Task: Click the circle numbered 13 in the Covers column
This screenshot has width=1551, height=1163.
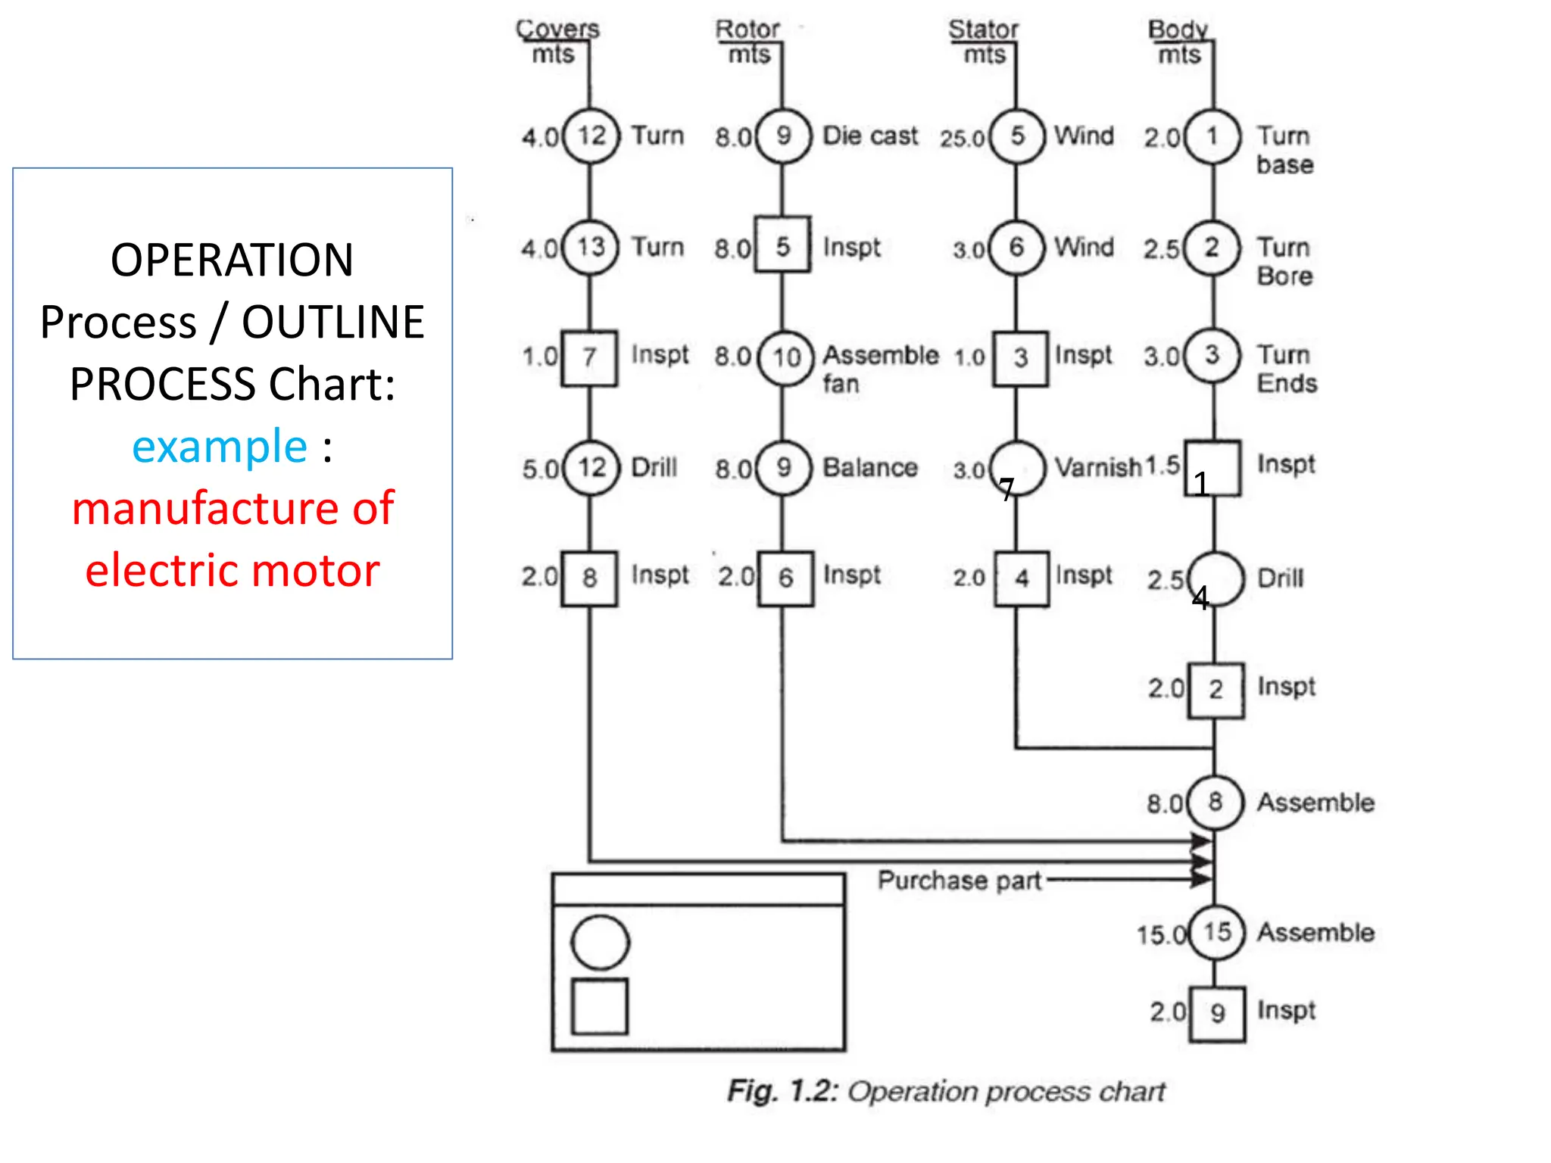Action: tap(590, 247)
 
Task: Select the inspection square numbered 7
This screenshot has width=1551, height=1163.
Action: tap(589, 358)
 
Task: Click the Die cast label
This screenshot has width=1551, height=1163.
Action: tap(870, 136)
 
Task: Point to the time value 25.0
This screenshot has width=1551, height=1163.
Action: tap(962, 139)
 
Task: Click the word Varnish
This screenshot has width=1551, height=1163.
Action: tap(1097, 468)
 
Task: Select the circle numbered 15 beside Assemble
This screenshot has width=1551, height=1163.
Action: tap(1216, 932)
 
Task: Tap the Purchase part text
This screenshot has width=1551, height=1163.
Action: tap(960, 881)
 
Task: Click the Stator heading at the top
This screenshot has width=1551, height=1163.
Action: tap(983, 30)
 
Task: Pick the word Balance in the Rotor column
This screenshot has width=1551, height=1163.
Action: tap(870, 468)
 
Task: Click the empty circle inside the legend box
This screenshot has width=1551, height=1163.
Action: tap(600, 943)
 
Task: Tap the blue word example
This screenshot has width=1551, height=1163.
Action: tap(220, 446)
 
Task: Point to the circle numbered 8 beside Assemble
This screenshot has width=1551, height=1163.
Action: tap(1215, 803)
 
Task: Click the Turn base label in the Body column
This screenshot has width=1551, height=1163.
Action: tap(1284, 151)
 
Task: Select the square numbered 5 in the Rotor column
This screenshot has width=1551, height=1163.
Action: tap(783, 245)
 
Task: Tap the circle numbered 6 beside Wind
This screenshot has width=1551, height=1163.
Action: tap(1016, 247)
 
